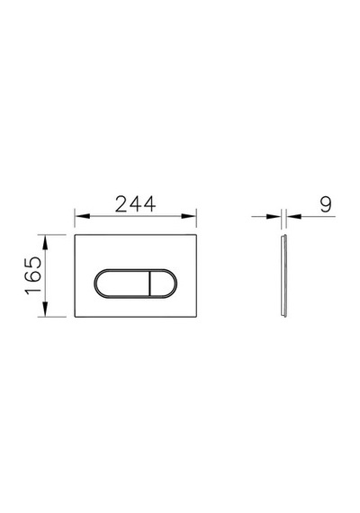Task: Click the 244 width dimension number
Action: click(x=135, y=204)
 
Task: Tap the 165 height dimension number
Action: click(x=33, y=275)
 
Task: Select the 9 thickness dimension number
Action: click(x=326, y=204)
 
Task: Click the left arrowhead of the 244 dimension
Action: click(x=82, y=216)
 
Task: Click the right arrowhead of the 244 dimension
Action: click(x=189, y=216)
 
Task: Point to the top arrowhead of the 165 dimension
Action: click(x=45, y=242)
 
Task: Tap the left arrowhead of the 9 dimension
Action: click(x=274, y=216)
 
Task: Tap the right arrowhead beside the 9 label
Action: click(x=294, y=216)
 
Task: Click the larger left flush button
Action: click(x=121, y=283)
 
